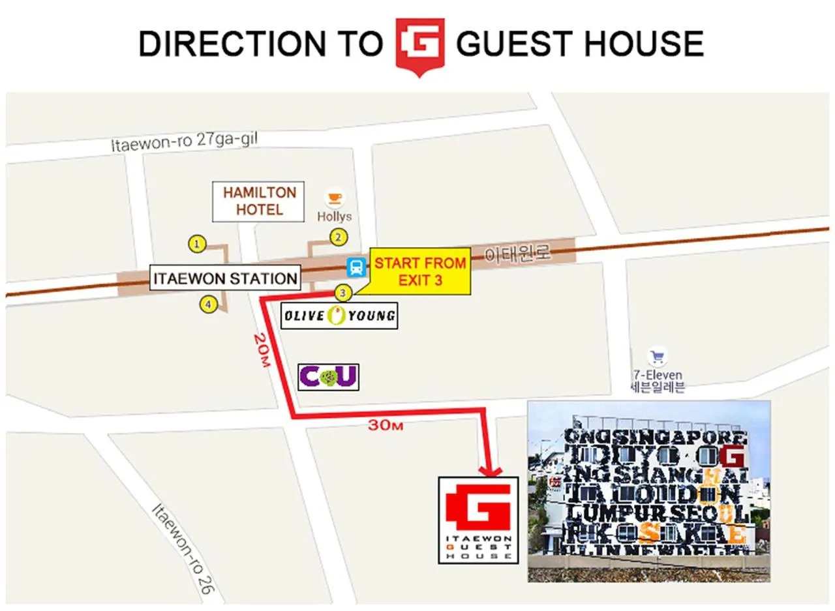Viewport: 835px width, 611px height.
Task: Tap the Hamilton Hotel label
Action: tap(260, 201)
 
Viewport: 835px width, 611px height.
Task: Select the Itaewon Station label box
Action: tap(224, 278)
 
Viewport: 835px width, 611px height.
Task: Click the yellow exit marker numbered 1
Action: tap(197, 245)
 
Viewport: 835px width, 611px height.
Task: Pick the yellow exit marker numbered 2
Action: tap(338, 237)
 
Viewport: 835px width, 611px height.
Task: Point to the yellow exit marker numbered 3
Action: tap(342, 292)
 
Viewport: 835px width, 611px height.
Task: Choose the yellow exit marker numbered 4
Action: tap(208, 304)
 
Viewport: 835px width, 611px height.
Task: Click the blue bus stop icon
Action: tap(356, 266)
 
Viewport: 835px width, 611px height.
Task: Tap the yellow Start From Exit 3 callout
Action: tap(420, 271)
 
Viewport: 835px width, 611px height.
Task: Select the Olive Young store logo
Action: tap(339, 316)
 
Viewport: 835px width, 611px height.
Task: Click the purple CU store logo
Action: tap(328, 376)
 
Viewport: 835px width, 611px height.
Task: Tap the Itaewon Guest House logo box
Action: tap(478, 520)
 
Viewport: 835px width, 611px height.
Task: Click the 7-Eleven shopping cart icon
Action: tap(656, 356)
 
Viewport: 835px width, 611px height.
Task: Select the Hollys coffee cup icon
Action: tap(335, 197)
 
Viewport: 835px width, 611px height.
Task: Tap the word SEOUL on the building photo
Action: tap(709, 512)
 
